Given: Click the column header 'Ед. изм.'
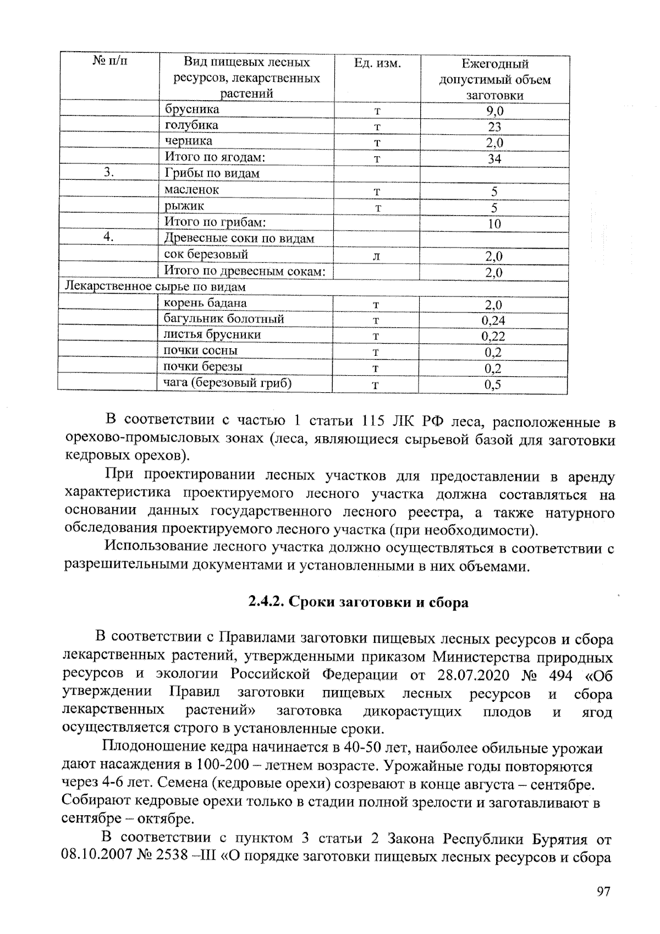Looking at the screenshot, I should click(x=377, y=64).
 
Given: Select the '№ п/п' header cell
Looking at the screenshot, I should click(x=109, y=61).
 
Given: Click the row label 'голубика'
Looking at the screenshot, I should click(x=191, y=125).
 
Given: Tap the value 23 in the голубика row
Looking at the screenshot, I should click(x=494, y=127).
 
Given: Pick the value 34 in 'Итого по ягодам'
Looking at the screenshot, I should click(x=494, y=160).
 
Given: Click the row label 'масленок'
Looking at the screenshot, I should click(x=191, y=190).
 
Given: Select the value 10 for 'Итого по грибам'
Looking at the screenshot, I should click(x=494, y=224).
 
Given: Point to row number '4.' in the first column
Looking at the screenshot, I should click(x=109, y=237).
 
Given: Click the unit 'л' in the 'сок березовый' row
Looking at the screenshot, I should click(x=376, y=256).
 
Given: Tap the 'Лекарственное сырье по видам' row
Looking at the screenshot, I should click(x=156, y=287).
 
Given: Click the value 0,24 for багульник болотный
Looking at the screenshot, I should click(x=493, y=321).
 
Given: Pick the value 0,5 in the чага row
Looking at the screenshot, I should click(x=493, y=385).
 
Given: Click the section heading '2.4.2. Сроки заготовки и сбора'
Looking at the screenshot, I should click(x=358, y=602).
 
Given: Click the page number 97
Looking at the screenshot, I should click(x=603, y=892).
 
